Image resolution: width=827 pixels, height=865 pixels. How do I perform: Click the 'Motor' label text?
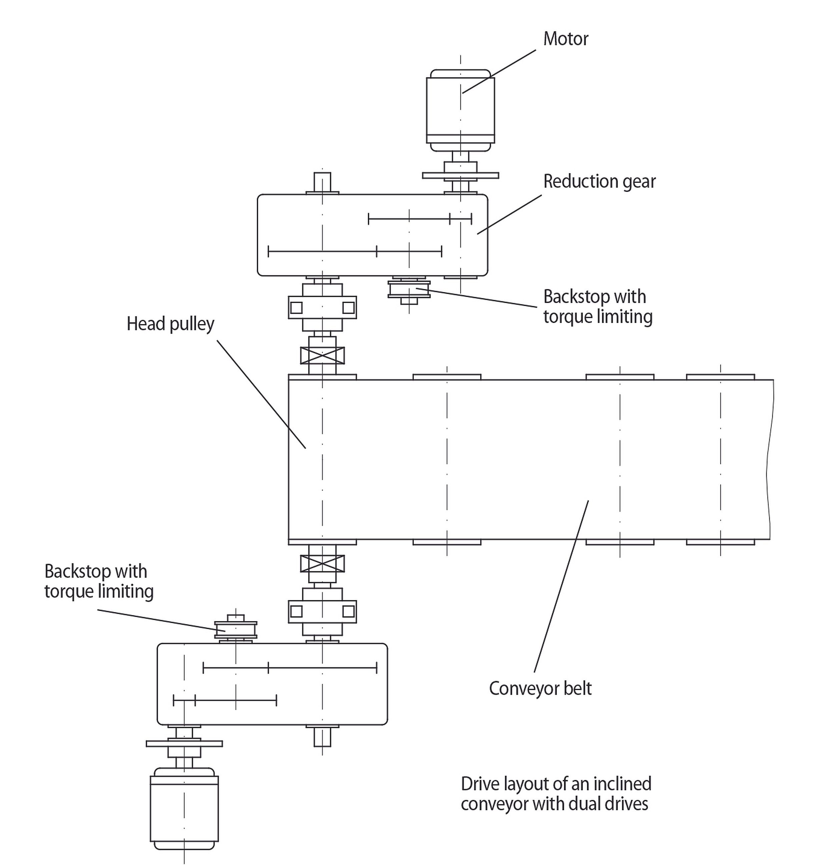[x=566, y=39]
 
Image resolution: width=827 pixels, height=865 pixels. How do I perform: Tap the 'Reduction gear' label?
[x=600, y=181]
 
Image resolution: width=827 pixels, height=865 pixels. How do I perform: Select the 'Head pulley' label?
[x=170, y=324]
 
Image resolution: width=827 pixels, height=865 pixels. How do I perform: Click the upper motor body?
[x=460, y=110]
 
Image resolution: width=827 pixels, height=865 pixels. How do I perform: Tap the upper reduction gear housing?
[x=372, y=235]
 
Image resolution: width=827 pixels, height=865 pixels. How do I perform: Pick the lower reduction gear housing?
[x=272, y=684]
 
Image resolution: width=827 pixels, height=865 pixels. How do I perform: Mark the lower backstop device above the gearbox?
[x=235, y=628]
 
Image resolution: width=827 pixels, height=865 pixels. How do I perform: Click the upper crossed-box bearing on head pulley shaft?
[x=322, y=355]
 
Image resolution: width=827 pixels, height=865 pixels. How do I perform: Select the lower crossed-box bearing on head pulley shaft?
[x=322, y=563]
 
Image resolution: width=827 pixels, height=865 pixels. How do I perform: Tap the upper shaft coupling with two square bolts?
[x=322, y=307]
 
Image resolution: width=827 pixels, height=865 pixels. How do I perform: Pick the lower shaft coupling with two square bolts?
[x=322, y=611]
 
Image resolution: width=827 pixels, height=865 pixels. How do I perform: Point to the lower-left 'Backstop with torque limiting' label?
[x=99, y=581]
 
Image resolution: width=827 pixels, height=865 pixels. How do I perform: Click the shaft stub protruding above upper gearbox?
[x=322, y=182]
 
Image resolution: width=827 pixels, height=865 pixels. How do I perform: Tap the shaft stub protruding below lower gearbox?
[x=322, y=737]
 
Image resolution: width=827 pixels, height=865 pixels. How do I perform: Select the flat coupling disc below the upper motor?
[x=460, y=176]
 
